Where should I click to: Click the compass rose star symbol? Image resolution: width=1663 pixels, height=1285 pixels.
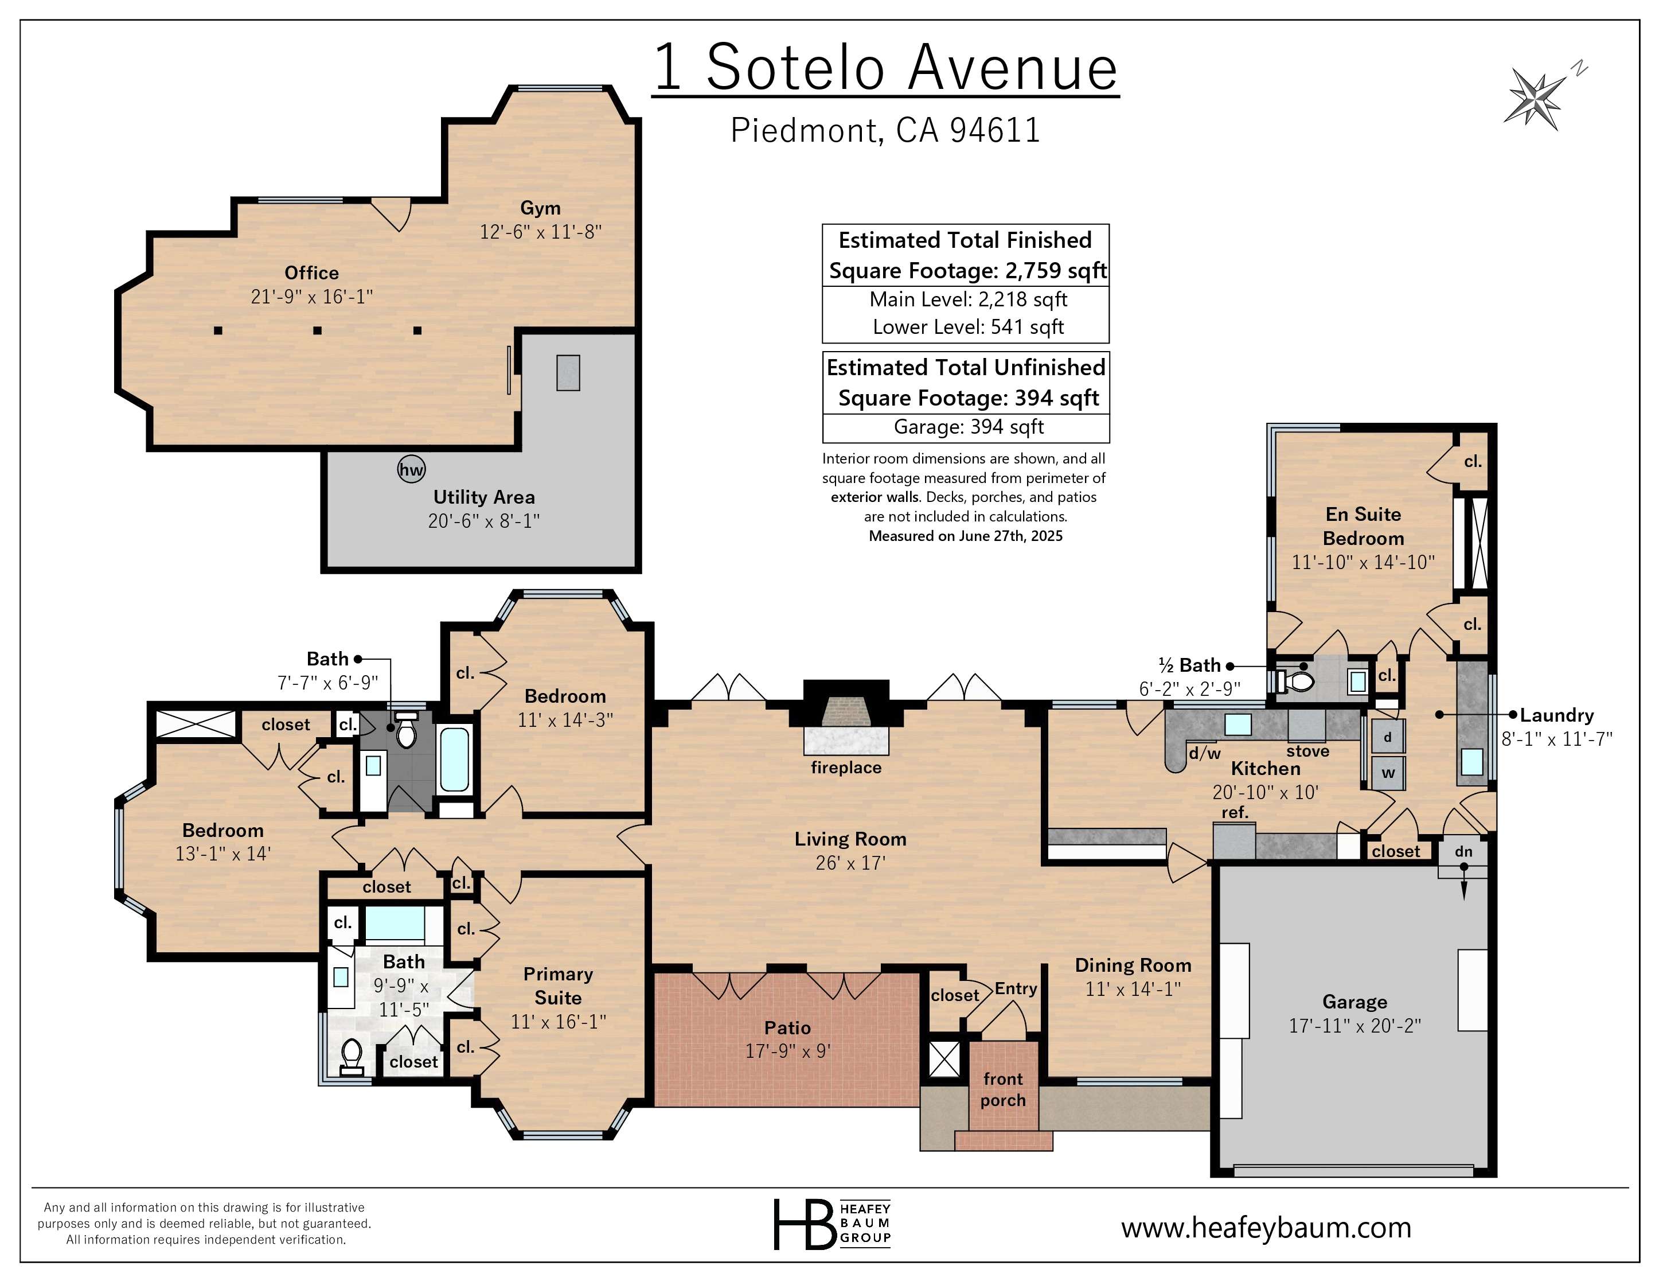click(1533, 97)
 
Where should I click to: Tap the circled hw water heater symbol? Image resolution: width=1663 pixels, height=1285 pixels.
click(411, 469)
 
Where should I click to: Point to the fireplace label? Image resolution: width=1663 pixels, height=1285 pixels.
click(846, 767)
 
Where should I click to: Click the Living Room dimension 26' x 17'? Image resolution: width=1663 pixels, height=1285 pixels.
click(850, 863)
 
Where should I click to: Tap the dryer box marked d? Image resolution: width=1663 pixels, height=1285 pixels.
click(1387, 737)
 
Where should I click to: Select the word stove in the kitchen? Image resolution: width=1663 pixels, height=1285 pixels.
click(1308, 751)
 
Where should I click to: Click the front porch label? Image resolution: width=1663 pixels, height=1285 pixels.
click(1003, 1089)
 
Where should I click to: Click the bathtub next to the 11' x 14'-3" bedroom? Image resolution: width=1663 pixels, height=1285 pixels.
click(455, 760)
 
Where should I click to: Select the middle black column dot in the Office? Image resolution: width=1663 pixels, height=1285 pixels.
click(318, 330)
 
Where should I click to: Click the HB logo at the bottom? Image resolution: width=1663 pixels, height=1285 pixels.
click(832, 1224)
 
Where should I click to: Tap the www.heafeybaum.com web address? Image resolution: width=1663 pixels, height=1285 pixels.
click(1266, 1227)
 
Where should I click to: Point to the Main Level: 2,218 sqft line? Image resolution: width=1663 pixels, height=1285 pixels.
click(969, 299)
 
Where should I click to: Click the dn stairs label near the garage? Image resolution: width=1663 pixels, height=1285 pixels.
click(1463, 851)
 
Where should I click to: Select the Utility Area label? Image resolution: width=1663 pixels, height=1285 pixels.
click(485, 497)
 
